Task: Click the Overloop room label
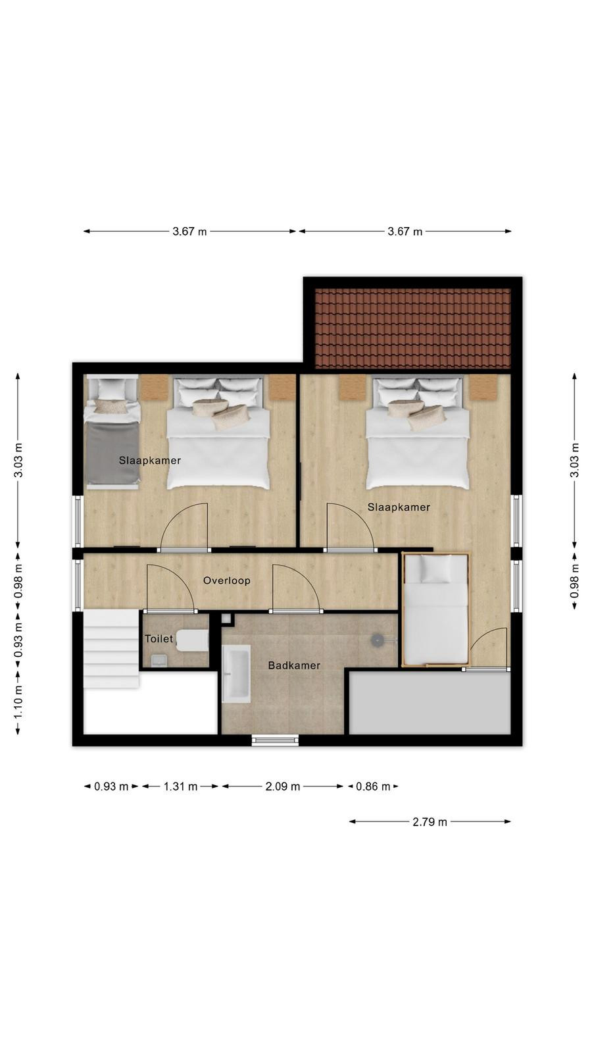click(226, 580)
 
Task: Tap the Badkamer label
click(294, 665)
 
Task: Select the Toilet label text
click(159, 639)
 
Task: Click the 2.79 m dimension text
click(430, 822)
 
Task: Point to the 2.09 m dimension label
click(283, 786)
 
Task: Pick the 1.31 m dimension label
click(180, 786)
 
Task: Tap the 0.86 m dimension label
click(373, 786)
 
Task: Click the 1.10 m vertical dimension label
click(18, 702)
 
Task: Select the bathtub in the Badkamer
click(236, 674)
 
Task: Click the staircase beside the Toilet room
click(112, 650)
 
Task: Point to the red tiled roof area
click(412, 328)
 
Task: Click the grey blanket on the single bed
click(112, 453)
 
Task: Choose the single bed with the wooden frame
click(435, 610)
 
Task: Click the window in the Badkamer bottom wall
click(276, 740)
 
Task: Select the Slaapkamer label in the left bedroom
click(150, 461)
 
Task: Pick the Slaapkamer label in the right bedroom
click(399, 507)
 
